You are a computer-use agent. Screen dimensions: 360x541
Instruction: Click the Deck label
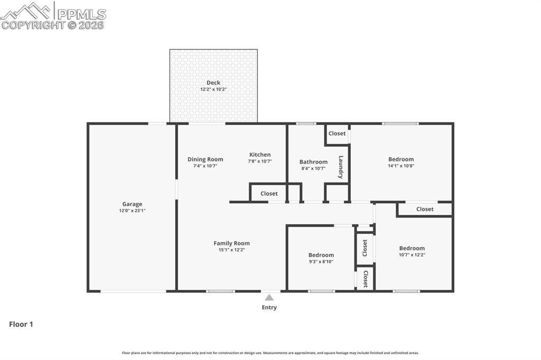pyautogui.click(x=213, y=83)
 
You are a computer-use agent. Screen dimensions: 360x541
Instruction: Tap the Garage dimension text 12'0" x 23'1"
pyautogui.click(x=132, y=211)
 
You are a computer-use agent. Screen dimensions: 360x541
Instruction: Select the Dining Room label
pyautogui.click(x=205, y=159)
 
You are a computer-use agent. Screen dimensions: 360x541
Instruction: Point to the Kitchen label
pyautogui.click(x=260, y=155)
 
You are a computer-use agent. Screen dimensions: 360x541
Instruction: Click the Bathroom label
pyautogui.click(x=313, y=162)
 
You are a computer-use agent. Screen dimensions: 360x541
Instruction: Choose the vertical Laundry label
pyautogui.click(x=341, y=167)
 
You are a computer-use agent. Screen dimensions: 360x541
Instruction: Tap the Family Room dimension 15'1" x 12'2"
pyautogui.click(x=231, y=250)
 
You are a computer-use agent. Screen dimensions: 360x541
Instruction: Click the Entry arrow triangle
pyautogui.click(x=269, y=298)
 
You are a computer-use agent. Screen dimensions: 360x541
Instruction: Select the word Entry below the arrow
pyautogui.click(x=269, y=308)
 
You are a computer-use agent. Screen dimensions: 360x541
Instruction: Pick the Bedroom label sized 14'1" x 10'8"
pyautogui.click(x=401, y=159)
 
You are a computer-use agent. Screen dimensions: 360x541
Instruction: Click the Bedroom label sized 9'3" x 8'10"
pyautogui.click(x=321, y=255)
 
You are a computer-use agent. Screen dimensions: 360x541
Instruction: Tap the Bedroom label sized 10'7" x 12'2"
pyautogui.click(x=412, y=249)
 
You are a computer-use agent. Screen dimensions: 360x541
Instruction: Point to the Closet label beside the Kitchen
pyautogui.click(x=269, y=194)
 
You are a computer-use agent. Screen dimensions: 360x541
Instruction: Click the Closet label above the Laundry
pyautogui.click(x=337, y=134)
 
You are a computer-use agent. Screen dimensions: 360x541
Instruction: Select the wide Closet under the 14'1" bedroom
pyautogui.click(x=425, y=210)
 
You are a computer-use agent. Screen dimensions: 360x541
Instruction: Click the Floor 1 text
pyautogui.click(x=21, y=325)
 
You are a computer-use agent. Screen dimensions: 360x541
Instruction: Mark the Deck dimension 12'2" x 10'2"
pyautogui.click(x=213, y=89)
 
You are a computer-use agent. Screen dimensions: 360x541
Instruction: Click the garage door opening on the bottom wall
pyautogui.click(x=133, y=291)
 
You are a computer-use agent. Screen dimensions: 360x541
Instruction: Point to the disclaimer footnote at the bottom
pyautogui.click(x=270, y=353)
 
